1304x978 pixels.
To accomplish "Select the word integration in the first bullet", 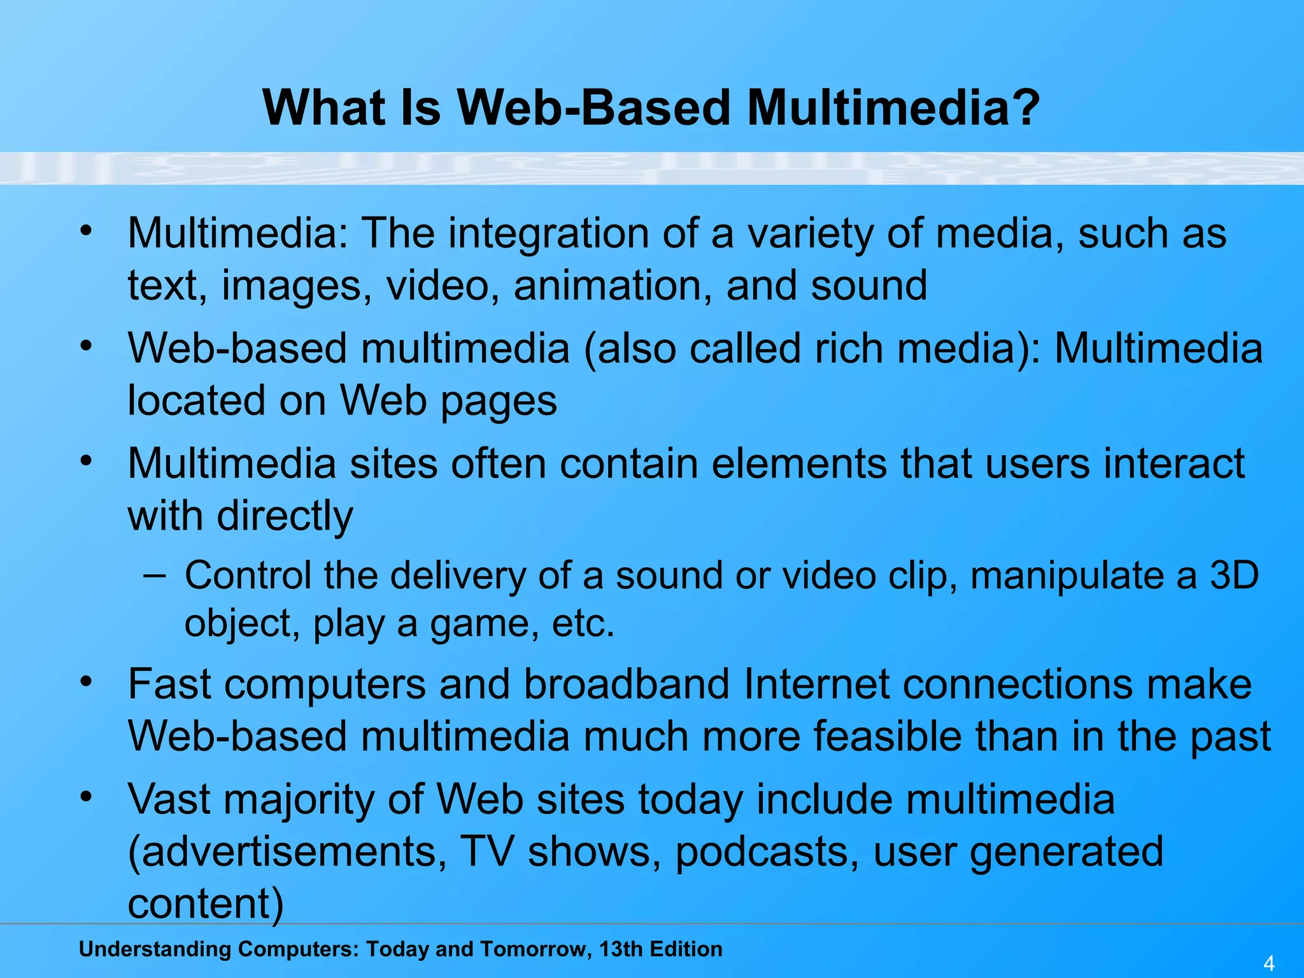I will click(x=548, y=234).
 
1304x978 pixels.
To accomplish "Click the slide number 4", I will click(x=1269, y=963).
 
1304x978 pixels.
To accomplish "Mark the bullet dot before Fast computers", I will click(x=87, y=682).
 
